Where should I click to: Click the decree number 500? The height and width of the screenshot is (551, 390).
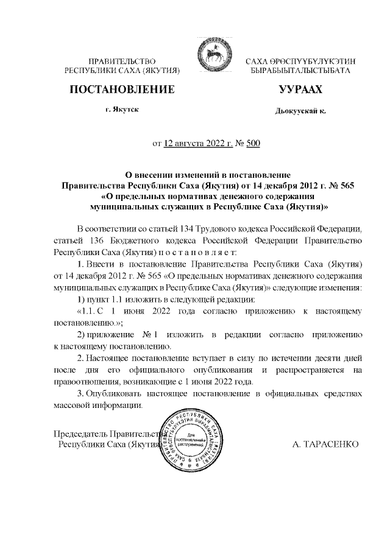pyautogui.click(x=252, y=144)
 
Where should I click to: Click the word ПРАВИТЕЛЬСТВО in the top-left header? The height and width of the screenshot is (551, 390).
pyautogui.click(x=122, y=61)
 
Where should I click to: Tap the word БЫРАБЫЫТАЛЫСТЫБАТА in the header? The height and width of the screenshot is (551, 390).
pyautogui.click(x=300, y=71)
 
